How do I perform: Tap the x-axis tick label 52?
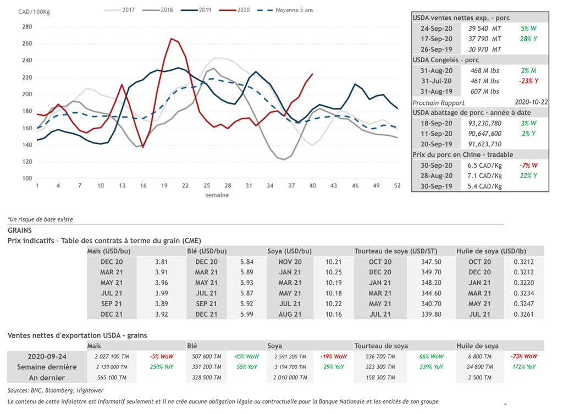click(397, 186)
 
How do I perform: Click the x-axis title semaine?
click(217, 195)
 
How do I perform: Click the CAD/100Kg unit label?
click(31, 12)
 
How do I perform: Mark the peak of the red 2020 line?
click(172, 38)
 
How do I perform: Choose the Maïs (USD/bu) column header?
click(109, 251)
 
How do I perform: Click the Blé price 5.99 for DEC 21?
click(247, 314)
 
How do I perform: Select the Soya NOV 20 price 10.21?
click(334, 262)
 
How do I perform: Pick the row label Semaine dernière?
click(47, 367)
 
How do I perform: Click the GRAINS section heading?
click(20, 230)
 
